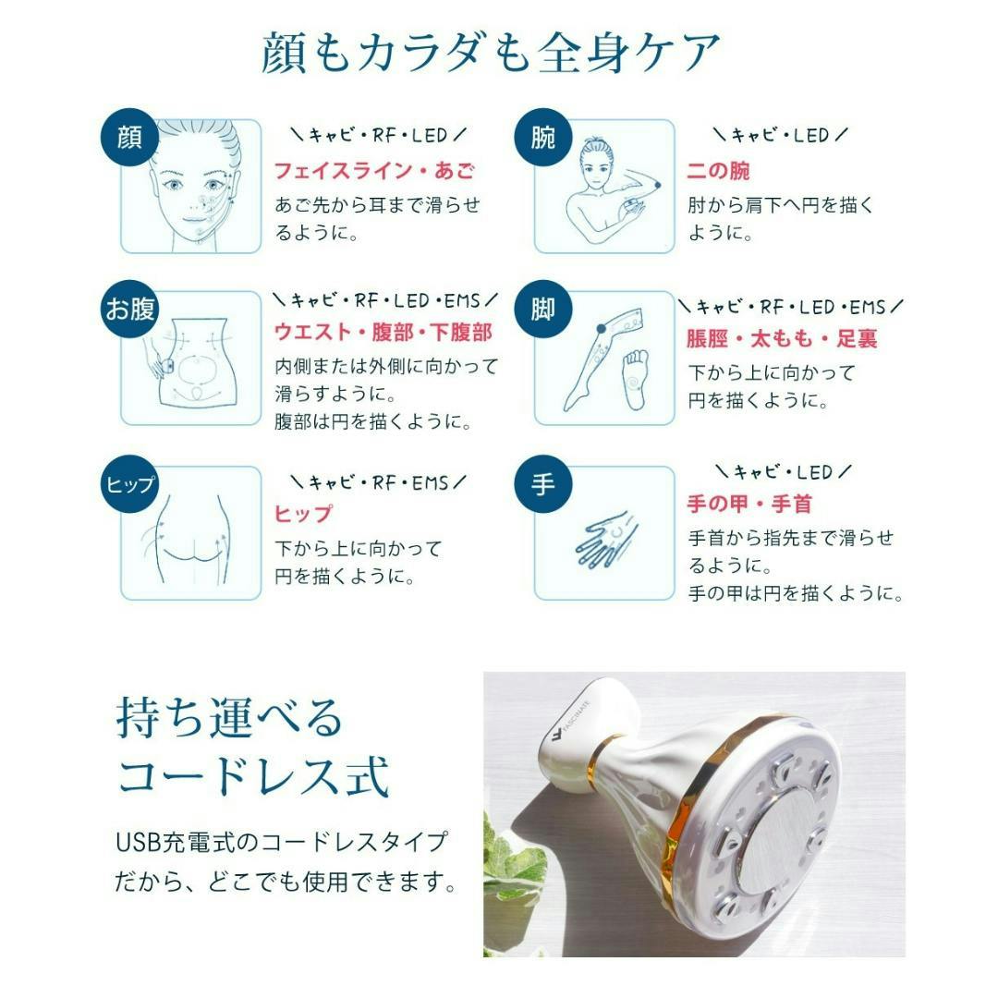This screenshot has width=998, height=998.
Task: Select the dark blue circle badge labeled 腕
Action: pos(542,140)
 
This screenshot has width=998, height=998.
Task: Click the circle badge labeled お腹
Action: pos(129,310)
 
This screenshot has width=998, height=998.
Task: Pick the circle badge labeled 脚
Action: pos(542,310)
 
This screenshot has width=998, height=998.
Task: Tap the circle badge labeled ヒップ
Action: pos(129,484)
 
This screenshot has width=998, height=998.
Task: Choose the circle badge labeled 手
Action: pos(542,484)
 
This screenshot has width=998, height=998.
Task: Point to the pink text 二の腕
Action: pos(718,171)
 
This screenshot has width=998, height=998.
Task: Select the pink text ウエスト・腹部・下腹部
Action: pos(383,332)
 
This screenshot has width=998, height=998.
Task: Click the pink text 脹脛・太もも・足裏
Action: pos(781,339)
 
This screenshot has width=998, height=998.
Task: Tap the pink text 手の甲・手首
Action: pos(748,505)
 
